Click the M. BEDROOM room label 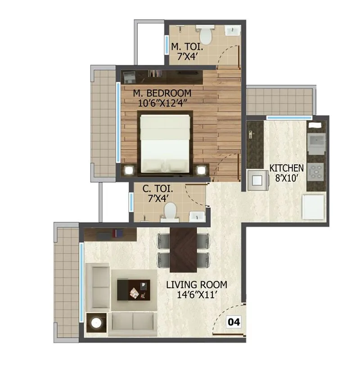(162, 93)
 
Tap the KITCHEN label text (287, 168)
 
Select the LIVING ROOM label (196, 285)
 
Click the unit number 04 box (234, 322)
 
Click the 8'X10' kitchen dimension (287, 178)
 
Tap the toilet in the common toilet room (170, 212)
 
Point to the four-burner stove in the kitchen (316, 171)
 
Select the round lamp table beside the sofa (96, 323)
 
